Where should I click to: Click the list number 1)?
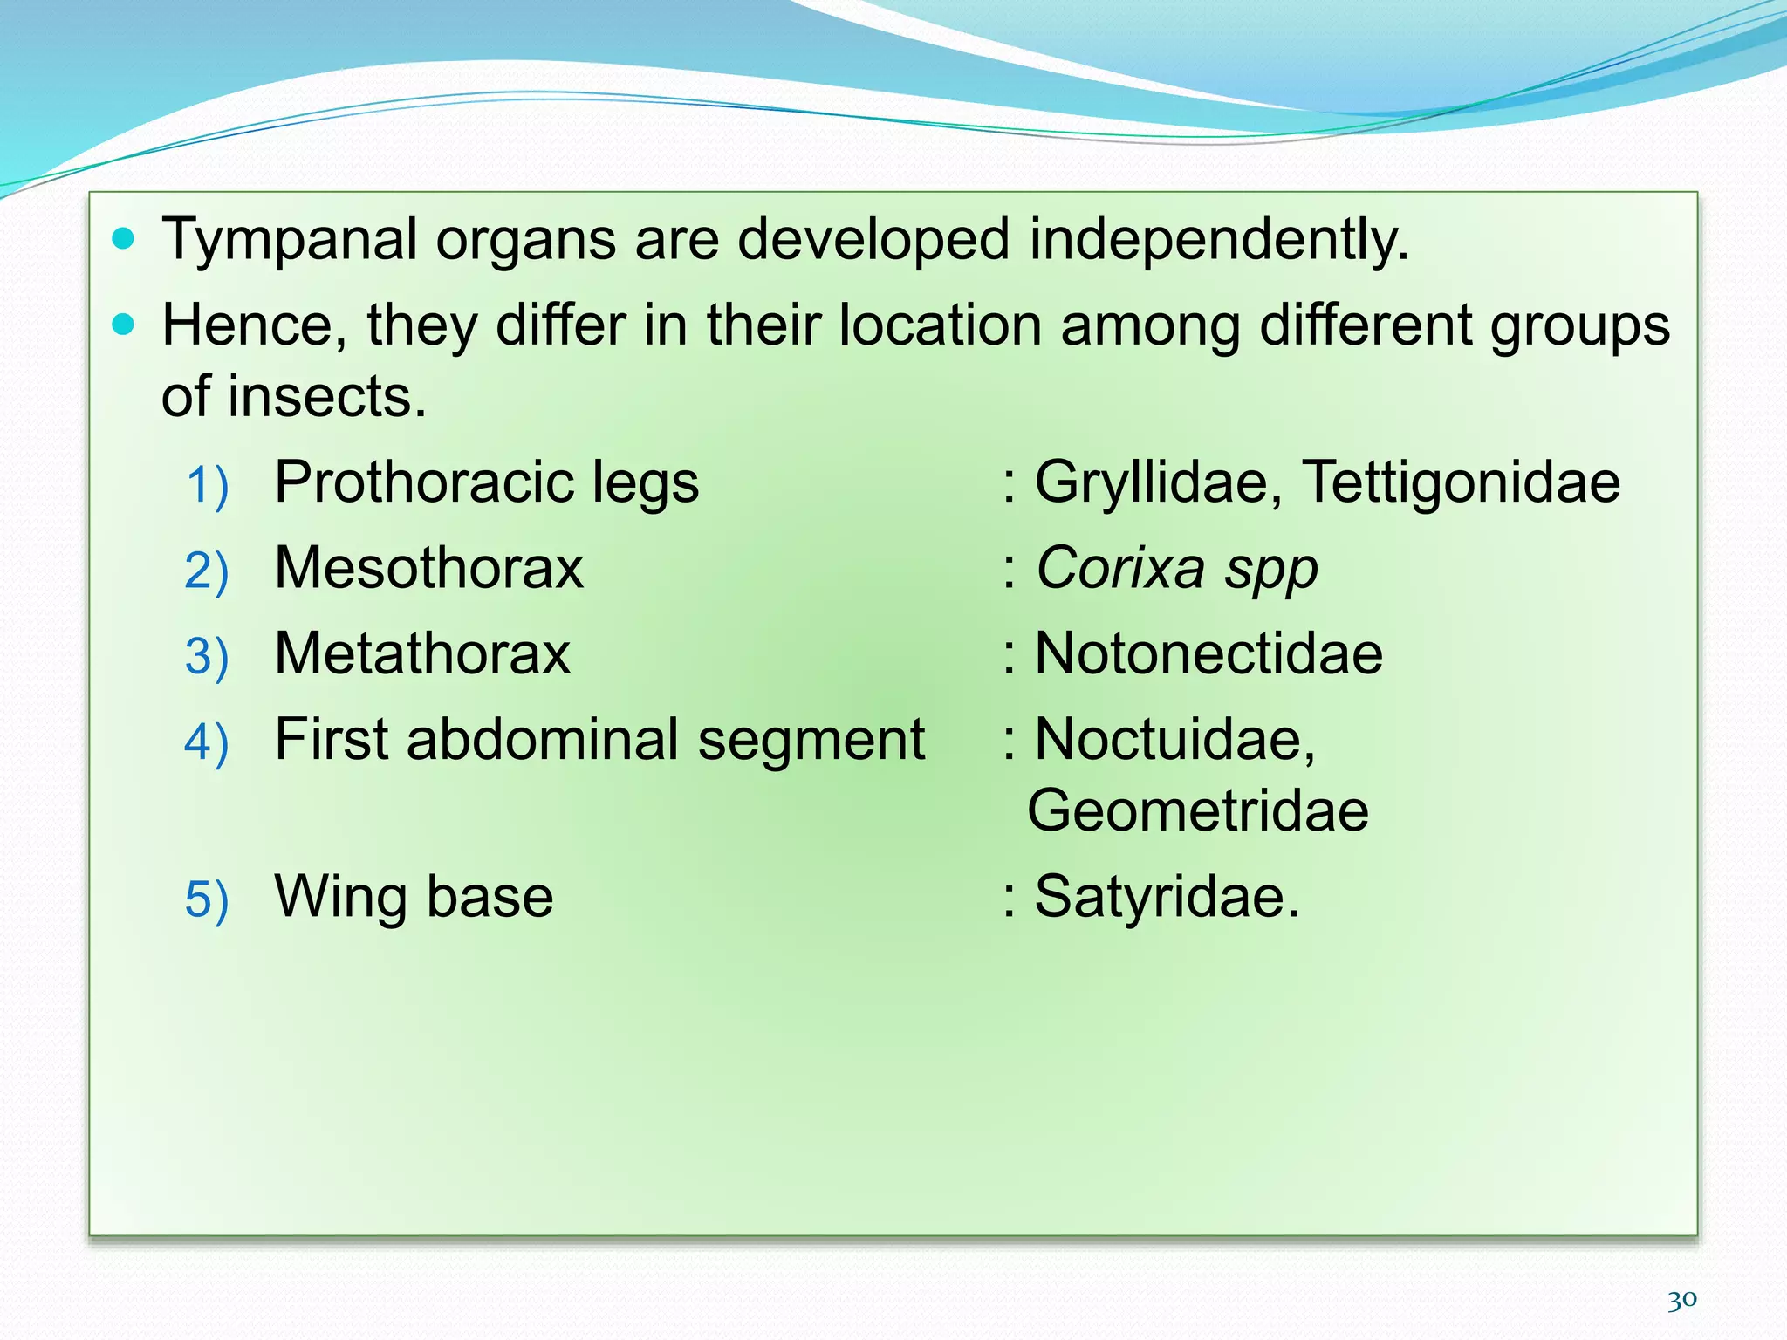tap(207, 485)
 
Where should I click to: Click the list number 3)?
tap(207, 656)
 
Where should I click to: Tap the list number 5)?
tap(207, 899)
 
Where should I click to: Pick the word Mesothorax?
tap(428, 568)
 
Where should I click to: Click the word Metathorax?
tap(422, 653)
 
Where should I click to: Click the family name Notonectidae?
tap(1208, 653)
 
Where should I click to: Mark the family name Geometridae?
tap(1197, 811)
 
